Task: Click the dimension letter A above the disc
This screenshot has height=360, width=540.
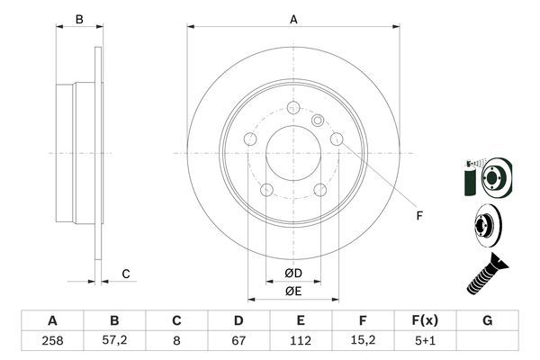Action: click(x=293, y=19)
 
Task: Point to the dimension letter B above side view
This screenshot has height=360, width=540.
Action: click(x=79, y=19)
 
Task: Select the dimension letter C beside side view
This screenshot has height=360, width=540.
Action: click(x=126, y=274)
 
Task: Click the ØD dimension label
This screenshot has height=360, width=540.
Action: click(x=293, y=274)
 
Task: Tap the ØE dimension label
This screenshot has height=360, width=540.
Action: click(x=293, y=290)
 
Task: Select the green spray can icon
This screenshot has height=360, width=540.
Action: click(x=468, y=178)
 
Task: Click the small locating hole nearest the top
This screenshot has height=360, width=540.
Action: click(x=317, y=121)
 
